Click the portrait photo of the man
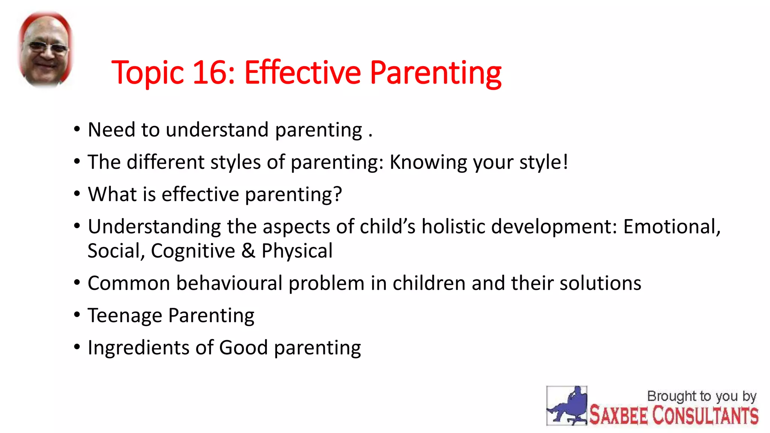pos(46,49)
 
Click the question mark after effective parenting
pos(337,194)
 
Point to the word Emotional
pos(671,227)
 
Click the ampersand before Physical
pos(248,251)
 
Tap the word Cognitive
pos(193,251)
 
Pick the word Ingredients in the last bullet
pos(138,348)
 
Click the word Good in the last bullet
pos(243,348)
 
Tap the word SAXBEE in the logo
pos(618,415)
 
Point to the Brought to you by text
pos(702,396)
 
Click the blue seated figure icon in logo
pos(567,406)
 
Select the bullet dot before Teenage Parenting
pos(77,314)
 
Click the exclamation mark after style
pos(565,162)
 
